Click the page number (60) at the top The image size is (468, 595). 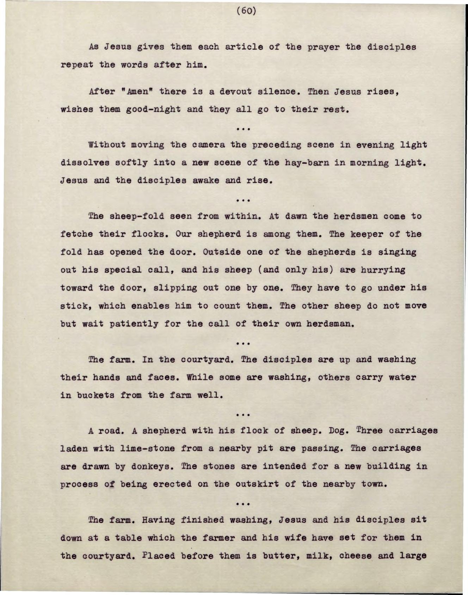pos(246,11)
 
